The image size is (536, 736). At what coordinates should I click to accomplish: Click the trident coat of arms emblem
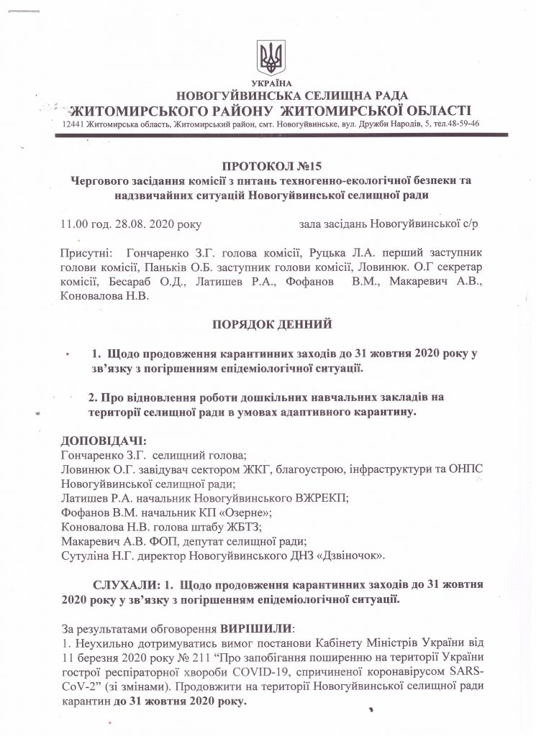[271, 57]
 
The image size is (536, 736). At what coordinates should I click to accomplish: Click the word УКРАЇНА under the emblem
[271, 83]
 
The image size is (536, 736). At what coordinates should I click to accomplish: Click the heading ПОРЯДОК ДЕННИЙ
[271, 324]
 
